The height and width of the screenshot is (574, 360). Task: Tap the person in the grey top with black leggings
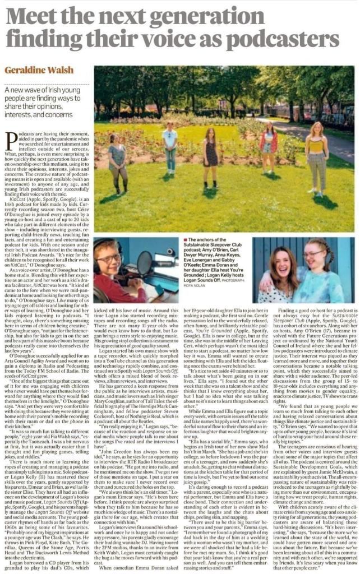coord(118,163)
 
